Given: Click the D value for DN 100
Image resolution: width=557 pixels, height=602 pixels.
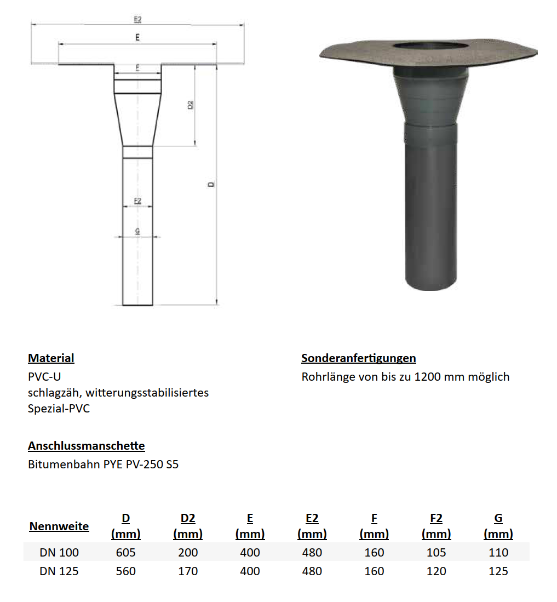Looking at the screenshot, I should (125, 552).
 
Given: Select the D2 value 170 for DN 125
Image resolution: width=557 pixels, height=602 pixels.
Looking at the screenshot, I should (188, 571).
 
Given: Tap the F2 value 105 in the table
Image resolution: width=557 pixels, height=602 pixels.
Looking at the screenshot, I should (436, 552).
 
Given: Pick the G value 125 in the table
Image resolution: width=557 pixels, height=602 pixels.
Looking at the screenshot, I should (498, 571).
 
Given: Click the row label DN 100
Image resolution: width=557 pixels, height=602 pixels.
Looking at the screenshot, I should (59, 552).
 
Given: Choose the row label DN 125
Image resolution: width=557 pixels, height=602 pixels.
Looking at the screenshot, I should (59, 571).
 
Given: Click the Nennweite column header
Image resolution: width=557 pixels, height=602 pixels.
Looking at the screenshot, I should (59, 526).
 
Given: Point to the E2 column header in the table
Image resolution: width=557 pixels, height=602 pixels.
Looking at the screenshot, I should (312, 518).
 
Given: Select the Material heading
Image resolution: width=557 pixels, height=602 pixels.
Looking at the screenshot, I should (51, 358).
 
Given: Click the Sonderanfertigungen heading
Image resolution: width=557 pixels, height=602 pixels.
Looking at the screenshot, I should (359, 358).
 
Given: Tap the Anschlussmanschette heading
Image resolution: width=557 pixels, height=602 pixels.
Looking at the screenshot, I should (87, 446).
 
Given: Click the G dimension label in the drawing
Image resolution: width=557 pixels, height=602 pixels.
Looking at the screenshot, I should (137, 232).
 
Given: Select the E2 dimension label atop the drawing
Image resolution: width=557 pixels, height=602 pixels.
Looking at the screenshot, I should (137, 19).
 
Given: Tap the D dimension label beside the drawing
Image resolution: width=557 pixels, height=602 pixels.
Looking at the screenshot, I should (211, 184).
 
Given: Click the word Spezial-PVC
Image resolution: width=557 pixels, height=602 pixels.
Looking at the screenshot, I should (59, 409).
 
